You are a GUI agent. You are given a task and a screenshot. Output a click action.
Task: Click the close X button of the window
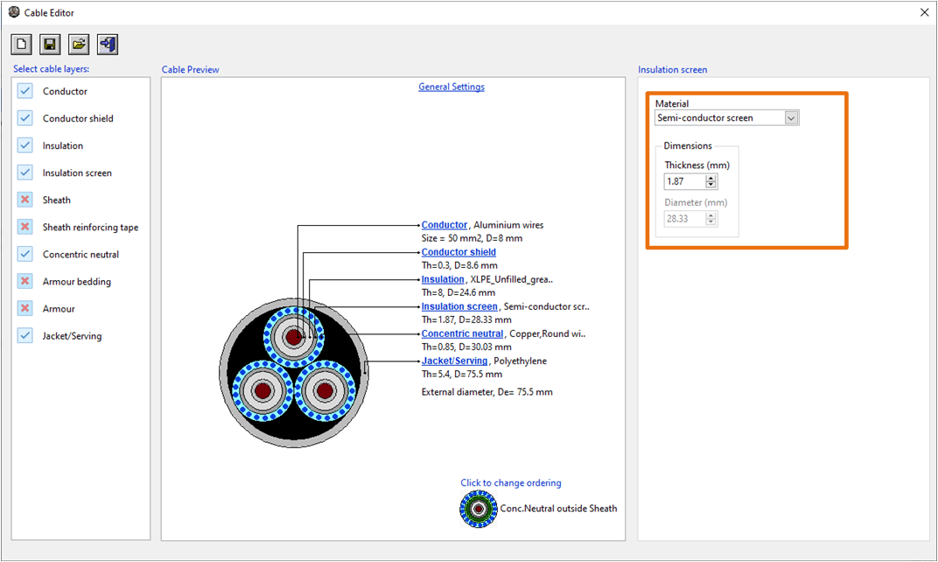click(924, 12)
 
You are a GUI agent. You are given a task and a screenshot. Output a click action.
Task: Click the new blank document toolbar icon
click(22, 45)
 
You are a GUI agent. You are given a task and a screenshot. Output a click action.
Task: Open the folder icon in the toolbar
click(79, 45)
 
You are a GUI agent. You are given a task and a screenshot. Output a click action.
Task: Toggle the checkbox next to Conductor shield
click(24, 118)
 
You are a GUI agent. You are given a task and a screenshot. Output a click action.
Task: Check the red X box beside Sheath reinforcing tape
click(24, 227)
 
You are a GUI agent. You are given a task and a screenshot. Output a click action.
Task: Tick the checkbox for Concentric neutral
click(24, 254)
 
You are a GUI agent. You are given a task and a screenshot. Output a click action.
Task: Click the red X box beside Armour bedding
click(24, 281)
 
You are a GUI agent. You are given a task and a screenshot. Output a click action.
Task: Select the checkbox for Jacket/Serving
click(24, 335)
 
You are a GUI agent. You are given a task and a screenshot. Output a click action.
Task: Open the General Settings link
click(451, 87)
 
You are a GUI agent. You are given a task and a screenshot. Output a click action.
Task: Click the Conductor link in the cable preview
click(444, 225)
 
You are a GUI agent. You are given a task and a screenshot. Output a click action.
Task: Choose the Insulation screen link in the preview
click(459, 306)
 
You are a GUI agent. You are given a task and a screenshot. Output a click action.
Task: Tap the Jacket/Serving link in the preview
click(454, 361)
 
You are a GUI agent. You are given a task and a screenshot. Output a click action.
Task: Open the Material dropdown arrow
click(791, 118)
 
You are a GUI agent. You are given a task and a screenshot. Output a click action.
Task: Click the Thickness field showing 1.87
click(684, 182)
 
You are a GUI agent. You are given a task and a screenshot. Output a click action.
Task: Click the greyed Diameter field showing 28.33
click(684, 219)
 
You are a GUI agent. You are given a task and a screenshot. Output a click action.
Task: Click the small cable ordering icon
click(479, 509)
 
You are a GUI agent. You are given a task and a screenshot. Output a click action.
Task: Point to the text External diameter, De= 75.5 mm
click(486, 391)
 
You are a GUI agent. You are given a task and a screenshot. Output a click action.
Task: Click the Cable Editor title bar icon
click(13, 12)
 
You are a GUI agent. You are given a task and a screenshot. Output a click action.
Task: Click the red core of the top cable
click(293, 336)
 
